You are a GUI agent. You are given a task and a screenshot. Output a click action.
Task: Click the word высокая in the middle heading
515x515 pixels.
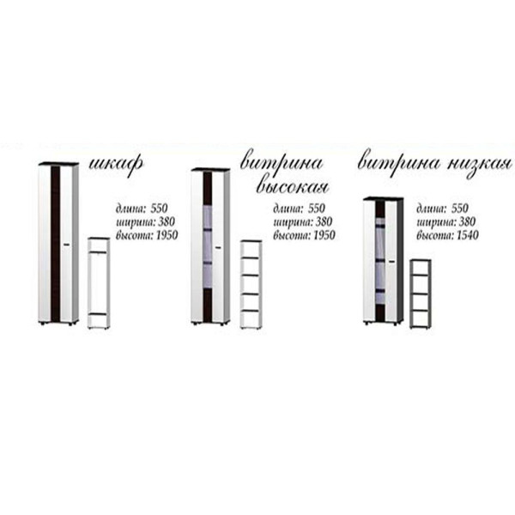click(x=293, y=187)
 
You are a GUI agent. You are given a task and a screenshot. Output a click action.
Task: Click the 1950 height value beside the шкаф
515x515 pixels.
click(x=167, y=235)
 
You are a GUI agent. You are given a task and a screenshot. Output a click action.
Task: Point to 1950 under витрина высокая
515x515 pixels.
click(x=324, y=235)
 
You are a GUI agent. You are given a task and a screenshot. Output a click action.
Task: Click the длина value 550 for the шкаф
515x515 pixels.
click(x=159, y=209)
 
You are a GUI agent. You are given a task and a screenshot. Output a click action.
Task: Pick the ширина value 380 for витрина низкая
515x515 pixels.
click(x=466, y=222)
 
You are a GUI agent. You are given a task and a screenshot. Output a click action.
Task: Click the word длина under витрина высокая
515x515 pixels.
click(x=288, y=209)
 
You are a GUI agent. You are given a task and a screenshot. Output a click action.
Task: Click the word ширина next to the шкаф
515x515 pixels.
click(x=136, y=222)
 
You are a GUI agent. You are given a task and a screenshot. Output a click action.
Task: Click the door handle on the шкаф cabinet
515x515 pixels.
click(x=67, y=245)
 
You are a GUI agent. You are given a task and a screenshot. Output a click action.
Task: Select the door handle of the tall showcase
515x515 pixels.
click(x=218, y=248)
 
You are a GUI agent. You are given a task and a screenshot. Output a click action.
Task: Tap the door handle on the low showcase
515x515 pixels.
click(x=391, y=262)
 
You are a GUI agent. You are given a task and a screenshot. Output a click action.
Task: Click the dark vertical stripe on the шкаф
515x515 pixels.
click(x=56, y=244)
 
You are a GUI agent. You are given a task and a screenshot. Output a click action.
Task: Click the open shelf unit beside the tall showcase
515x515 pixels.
click(x=251, y=284)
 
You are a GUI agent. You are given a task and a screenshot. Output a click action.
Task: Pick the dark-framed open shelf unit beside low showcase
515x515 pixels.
click(x=421, y=294)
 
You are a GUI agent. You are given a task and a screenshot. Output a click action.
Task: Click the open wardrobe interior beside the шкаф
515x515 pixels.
click(x=99, y=282)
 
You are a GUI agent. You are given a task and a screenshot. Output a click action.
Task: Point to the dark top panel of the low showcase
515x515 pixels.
click(x=383, y=199)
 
